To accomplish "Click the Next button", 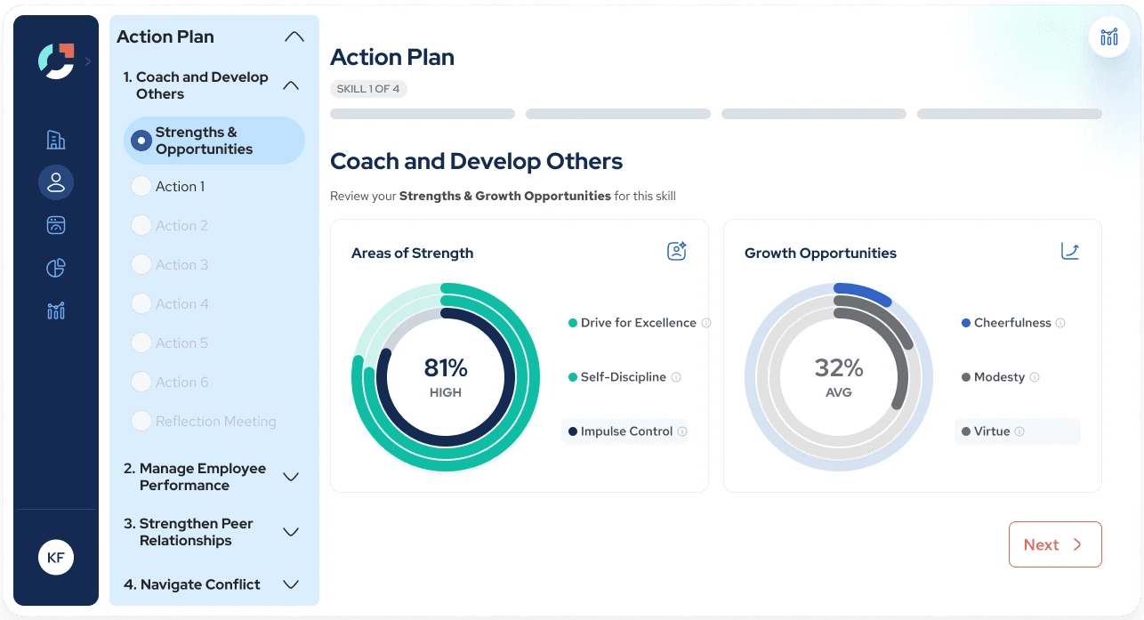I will pos(1055,544).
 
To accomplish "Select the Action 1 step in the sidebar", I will pos(180,187).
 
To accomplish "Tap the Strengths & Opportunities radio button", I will pos(141,141).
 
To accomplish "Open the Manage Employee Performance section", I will pos(195,477).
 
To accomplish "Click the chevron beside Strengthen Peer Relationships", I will pos(290,532).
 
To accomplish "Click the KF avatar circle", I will pos(56,558).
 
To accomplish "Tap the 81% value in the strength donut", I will pos(446,368).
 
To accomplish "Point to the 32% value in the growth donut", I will pos(839,368).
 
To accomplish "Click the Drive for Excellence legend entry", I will pos(638,323).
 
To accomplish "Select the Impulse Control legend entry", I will pos(626,431).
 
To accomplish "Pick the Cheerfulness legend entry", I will pos(1012,323).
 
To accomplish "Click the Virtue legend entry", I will pos(991,431).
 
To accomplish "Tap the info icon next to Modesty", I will pos(1035,377).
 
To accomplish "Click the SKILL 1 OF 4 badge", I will pos(368,89).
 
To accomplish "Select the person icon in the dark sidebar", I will pos(56,182).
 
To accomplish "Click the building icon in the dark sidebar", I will pos(56,140).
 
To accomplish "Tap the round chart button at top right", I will pos(1109,36).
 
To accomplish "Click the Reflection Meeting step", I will pos(215,422).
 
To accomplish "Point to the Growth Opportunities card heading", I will pos(820,254).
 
